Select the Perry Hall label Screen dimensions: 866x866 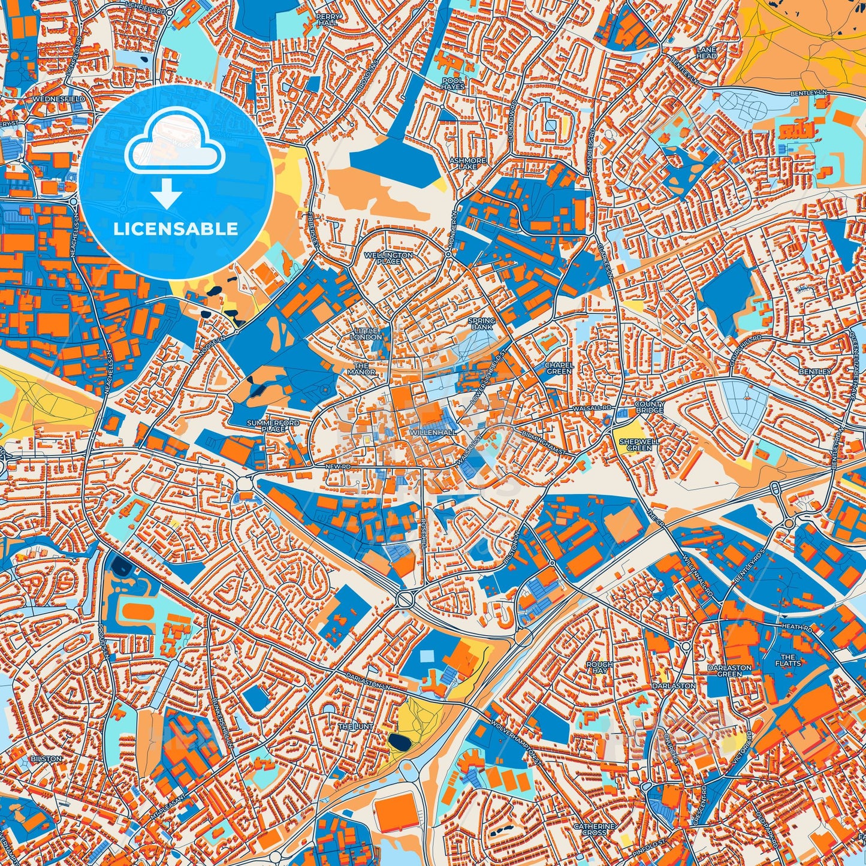pos(330,19)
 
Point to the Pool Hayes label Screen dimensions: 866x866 pos(452,83)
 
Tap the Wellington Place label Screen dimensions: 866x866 pos(389,258)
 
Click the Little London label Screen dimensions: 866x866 pos(366,334)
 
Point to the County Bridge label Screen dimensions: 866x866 pos(650,407)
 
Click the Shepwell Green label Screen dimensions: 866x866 pos(635,444)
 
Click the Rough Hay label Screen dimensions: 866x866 pos(599,667)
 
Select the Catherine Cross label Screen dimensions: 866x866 pos(594,829)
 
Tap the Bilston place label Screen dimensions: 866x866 pos(46,759)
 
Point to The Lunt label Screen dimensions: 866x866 pos(356,726)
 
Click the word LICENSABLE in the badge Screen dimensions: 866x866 pos(175,228)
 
